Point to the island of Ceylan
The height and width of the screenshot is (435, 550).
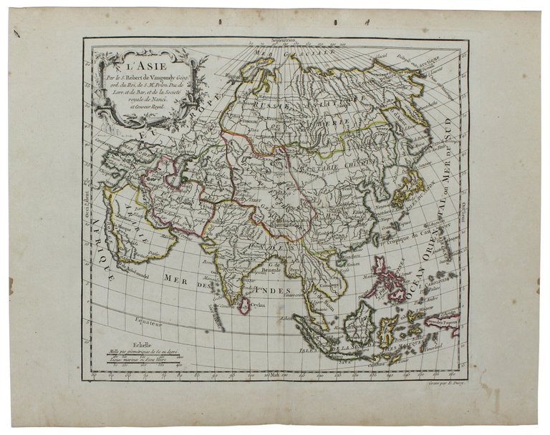(x=244, y=306)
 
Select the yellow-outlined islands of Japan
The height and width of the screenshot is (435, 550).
(x=407, y=189)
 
